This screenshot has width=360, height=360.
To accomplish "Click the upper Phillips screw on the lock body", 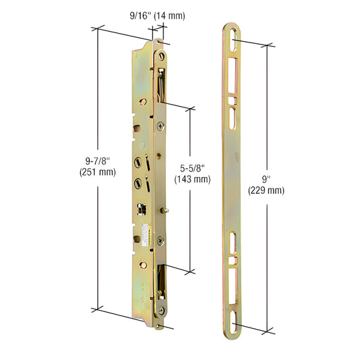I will [159, 126].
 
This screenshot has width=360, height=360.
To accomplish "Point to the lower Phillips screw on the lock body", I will [159, 239].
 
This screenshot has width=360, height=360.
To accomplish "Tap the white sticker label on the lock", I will [145, 230].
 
